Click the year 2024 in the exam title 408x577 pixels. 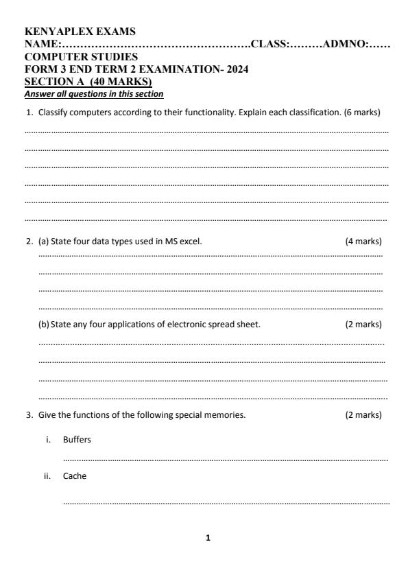[237, 69]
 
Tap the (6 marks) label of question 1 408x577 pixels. [361, 111]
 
